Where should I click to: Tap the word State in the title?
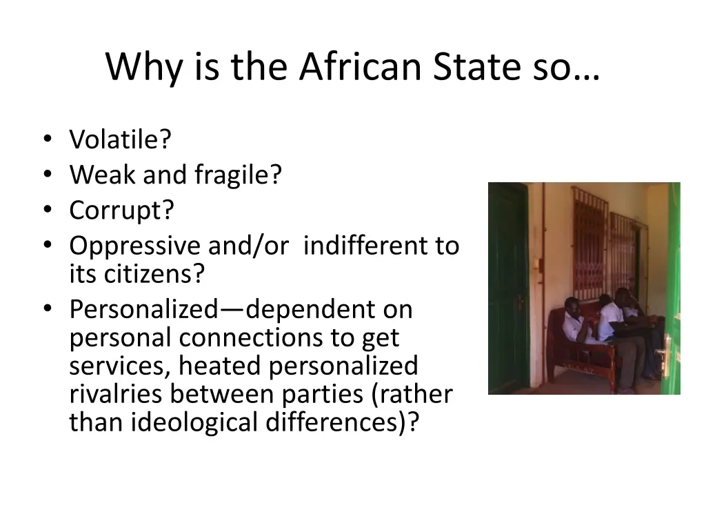(471, 67)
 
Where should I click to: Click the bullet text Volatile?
(120, 140)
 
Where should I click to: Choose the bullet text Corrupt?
(121, 210)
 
